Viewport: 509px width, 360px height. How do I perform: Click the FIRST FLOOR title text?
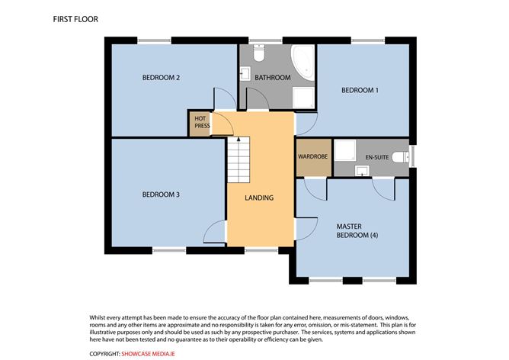75,20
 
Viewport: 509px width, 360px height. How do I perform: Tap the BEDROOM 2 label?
161,78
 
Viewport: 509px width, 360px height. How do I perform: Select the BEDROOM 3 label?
161,194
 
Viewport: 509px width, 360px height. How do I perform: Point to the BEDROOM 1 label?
360,90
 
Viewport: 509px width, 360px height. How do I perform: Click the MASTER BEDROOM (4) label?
357,230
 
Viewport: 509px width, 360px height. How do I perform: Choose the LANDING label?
259,198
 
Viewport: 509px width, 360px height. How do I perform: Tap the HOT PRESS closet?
200,124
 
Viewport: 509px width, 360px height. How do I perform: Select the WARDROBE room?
314,158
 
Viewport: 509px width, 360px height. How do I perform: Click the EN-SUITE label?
377,157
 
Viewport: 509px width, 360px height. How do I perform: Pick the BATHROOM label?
273,78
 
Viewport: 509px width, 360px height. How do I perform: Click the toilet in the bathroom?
259,53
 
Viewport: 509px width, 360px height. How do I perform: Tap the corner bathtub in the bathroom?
303,63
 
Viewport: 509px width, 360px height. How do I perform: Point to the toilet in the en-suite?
401,157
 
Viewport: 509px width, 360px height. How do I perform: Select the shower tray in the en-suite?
345,150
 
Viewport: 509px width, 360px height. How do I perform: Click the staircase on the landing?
238,160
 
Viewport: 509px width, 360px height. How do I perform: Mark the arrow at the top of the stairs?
238,140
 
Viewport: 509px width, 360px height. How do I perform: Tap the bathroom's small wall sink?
245,73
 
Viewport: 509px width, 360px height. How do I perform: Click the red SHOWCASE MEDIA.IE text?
148,354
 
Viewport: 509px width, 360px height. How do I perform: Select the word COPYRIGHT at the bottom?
104,354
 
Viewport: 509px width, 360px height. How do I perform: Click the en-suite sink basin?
362,171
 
